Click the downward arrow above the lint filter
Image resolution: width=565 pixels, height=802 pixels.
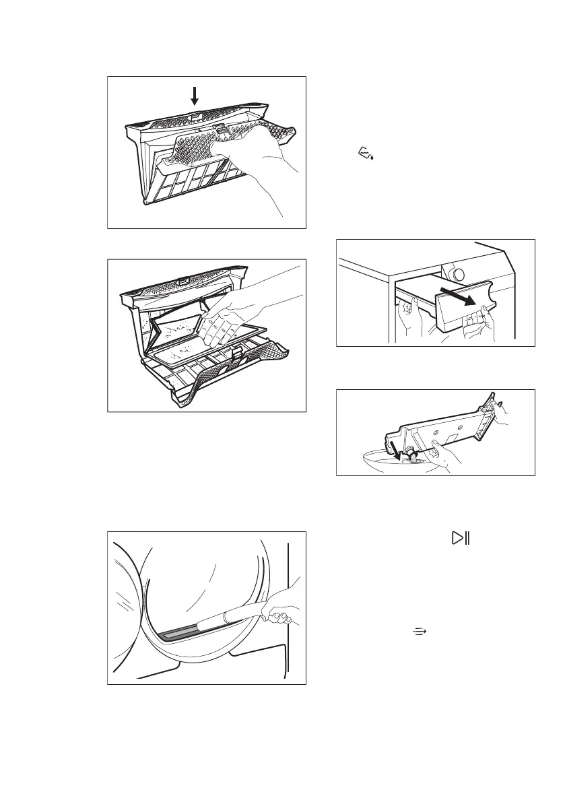[195, 96]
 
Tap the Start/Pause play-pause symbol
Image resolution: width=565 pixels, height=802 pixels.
[461, 537]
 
